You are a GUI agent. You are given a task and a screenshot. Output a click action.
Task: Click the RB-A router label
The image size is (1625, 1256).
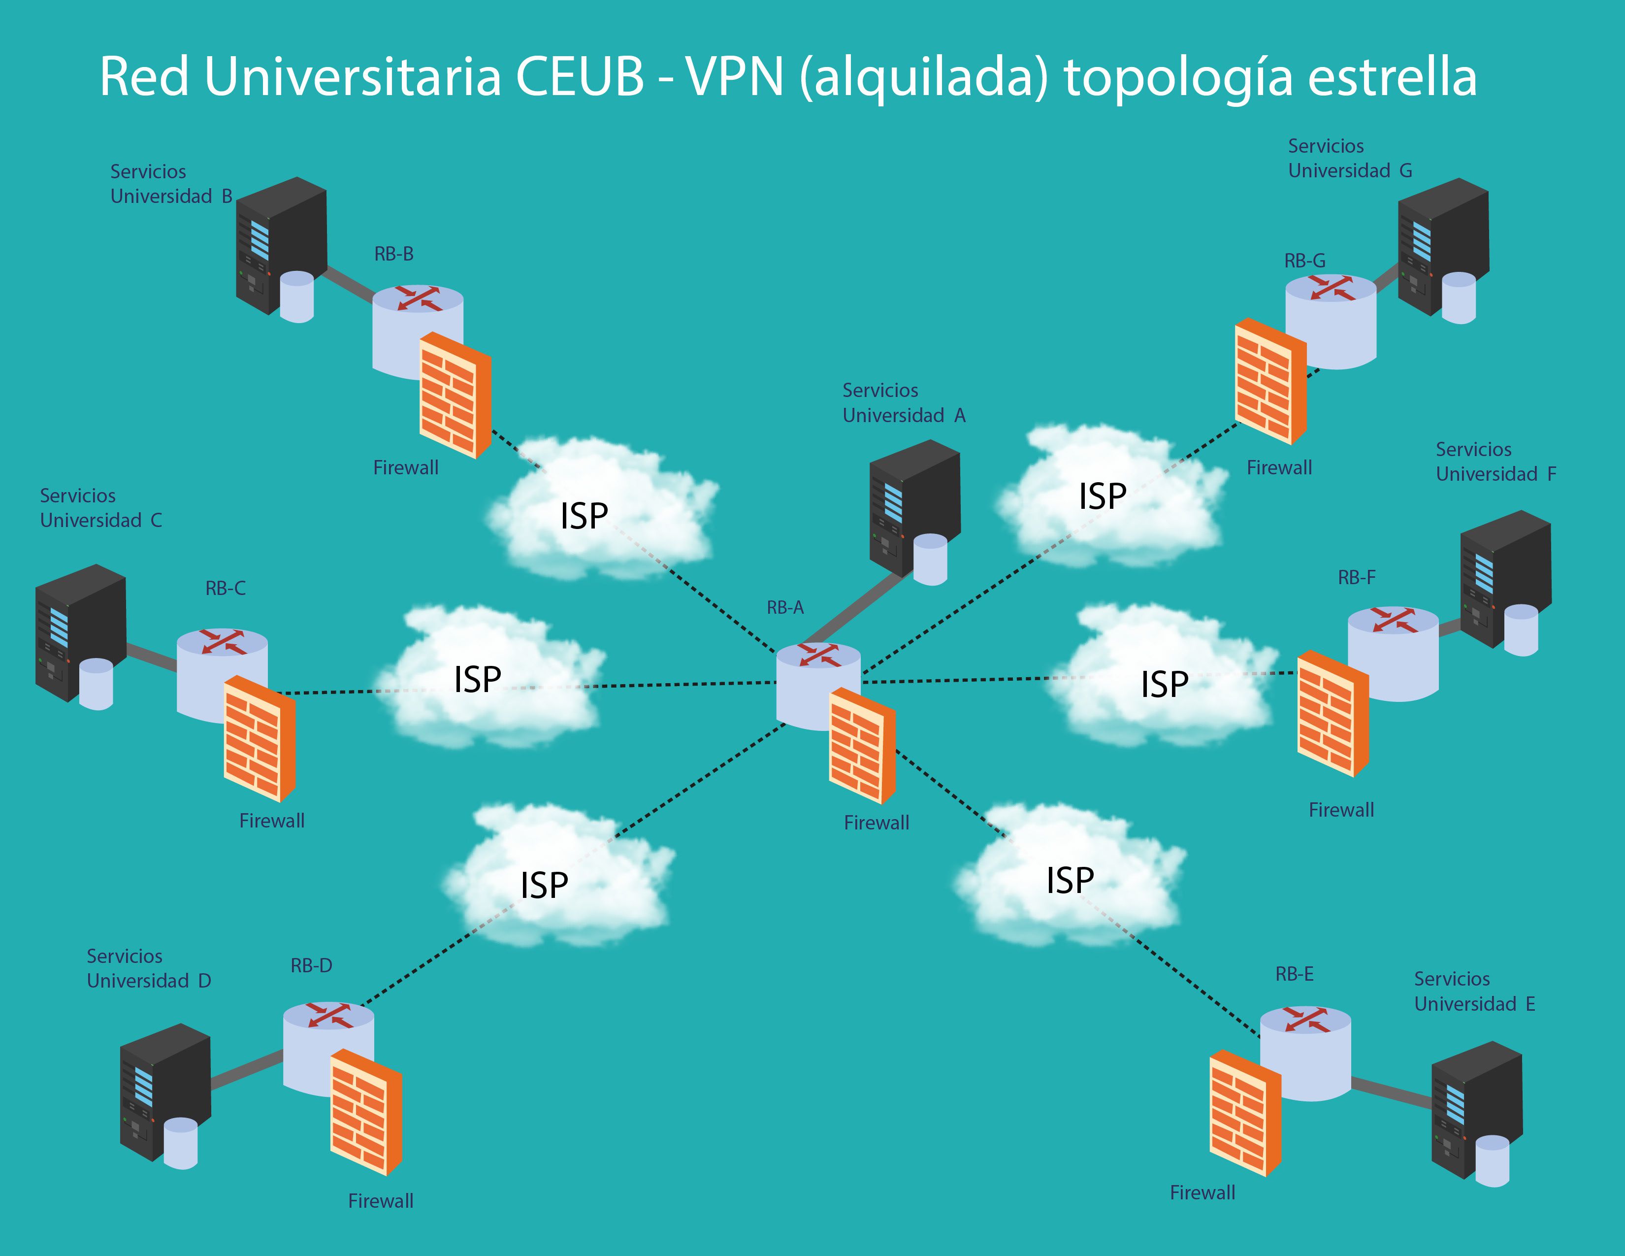coord(785,608)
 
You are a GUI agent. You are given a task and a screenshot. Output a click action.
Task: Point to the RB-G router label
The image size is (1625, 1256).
coord(1304,261)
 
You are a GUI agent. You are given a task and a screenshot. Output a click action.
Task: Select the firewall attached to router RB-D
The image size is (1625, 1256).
coord(365,1112)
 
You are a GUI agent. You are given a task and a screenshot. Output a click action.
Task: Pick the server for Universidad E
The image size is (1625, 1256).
coord(1476,1112)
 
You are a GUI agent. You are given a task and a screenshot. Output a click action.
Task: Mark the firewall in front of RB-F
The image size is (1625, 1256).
coord(1332,714)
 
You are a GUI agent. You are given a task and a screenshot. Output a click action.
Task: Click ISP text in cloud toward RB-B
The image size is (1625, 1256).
coord(584,516)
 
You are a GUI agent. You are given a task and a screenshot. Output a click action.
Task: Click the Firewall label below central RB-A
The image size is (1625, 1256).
coord(877,823)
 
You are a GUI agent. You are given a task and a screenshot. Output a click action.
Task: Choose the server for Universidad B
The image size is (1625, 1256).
coord(281,246)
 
